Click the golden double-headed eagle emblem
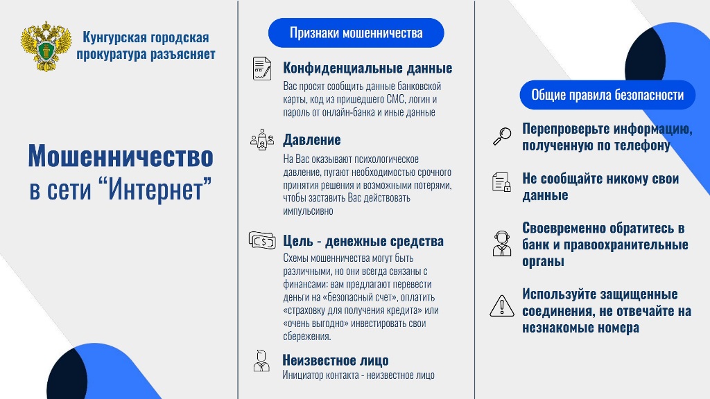46,46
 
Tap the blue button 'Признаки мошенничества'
356,33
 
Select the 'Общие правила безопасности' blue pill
607,95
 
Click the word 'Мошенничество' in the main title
121,156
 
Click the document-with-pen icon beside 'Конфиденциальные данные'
261,69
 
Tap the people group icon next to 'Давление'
261,139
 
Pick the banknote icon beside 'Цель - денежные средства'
262,240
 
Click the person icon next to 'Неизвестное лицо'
261,361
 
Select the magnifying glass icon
502,136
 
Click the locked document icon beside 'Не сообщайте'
501,182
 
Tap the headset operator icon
502,243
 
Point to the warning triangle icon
502,305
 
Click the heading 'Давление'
311,140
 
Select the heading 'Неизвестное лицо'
336,360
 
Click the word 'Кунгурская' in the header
114,37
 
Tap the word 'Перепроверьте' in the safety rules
564,129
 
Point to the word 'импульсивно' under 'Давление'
308,211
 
